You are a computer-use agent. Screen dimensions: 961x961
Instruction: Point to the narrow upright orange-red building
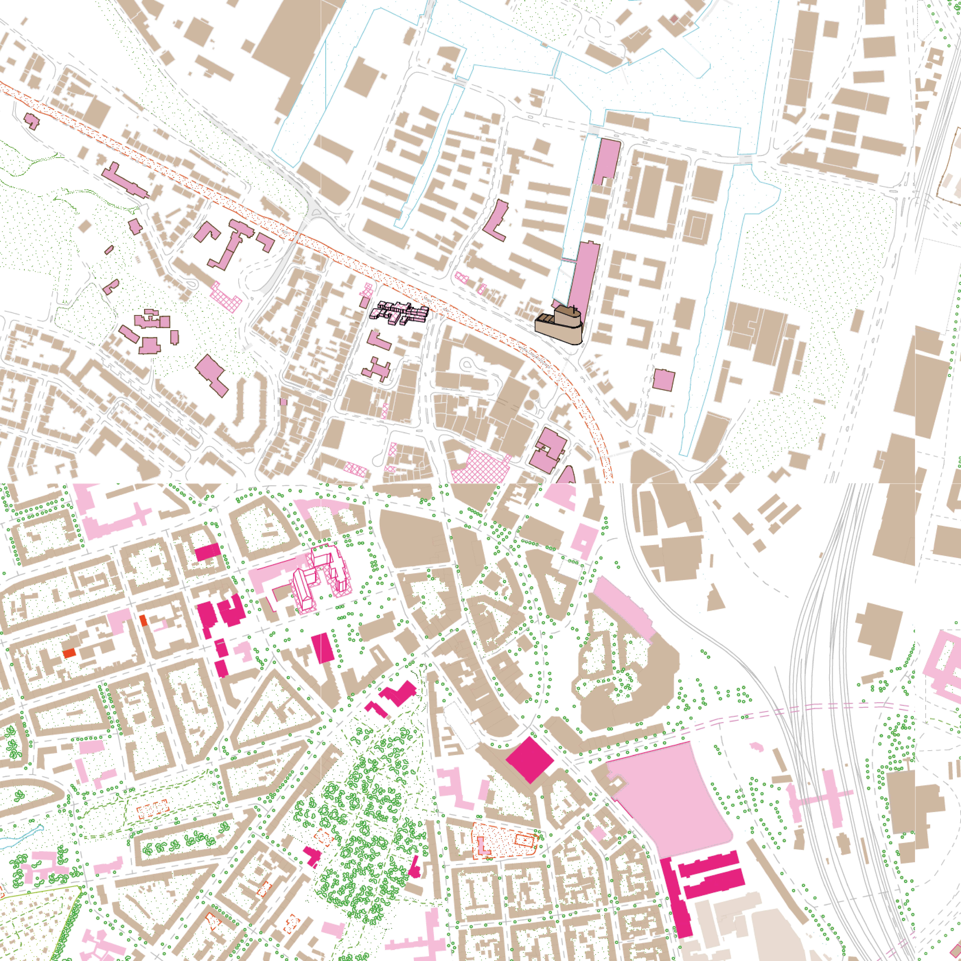(x=143, y=620)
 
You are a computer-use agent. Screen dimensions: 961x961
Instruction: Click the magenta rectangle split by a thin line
(x=323, y=648)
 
